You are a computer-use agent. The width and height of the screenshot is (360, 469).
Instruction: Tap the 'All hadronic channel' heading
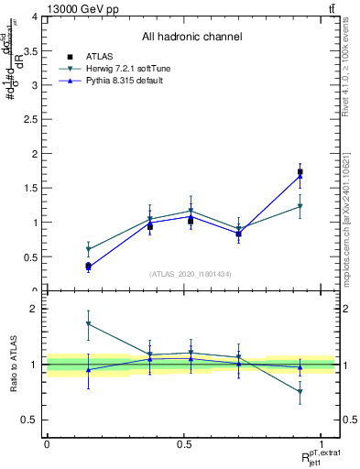191,37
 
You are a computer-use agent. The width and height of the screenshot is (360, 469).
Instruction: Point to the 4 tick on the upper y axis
35,17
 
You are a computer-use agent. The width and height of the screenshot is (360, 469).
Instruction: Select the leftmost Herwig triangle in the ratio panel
88,324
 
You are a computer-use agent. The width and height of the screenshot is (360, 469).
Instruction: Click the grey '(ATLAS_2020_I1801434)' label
191,274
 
